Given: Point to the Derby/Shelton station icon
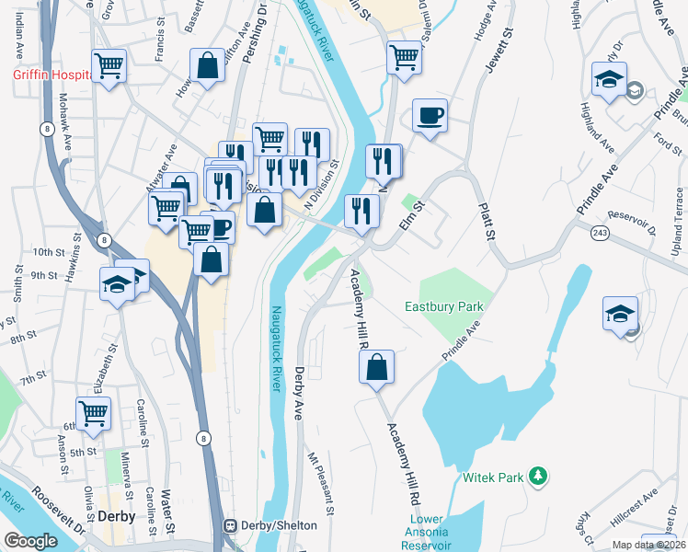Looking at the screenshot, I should coord(230,525).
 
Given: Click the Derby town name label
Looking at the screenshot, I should coord(117,516).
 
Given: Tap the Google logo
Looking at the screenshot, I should coord(30,541).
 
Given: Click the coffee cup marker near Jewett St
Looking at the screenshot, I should coord(430,117).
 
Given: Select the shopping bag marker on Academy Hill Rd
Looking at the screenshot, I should coord(377,367).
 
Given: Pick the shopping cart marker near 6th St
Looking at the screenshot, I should coord(93,413).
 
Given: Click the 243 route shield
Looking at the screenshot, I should coord(599,232).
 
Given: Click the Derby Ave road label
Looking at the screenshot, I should coord(299,394).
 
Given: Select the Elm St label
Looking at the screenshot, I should coord(410,218).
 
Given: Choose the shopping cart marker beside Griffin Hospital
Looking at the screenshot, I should coord(109,66).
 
